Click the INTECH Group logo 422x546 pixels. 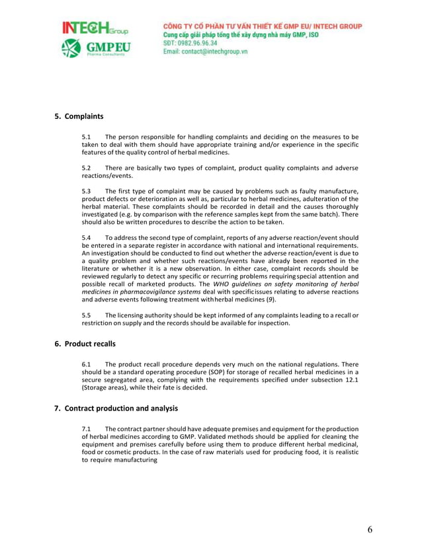[x=95, y=28]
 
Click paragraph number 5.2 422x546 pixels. [x=86, y=168]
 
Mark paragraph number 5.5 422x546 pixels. [x=86, y=315]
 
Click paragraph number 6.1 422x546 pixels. [x=86, y=364]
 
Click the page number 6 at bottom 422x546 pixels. [x=370, y=529]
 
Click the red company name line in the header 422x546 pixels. [x=263, y=26]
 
